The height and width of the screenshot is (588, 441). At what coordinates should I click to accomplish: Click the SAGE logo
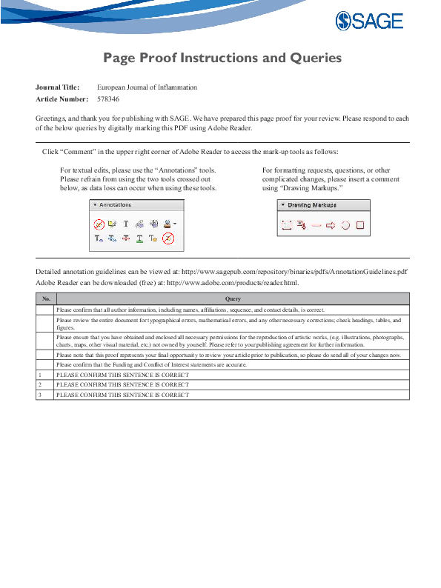pos(369,21)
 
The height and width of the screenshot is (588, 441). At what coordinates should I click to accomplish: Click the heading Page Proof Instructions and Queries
pos(222,58)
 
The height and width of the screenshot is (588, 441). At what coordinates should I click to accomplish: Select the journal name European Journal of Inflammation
pos(147,87)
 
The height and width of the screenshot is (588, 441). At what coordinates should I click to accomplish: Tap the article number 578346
pos(108,98)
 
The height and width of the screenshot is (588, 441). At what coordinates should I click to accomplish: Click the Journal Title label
pos(57,87)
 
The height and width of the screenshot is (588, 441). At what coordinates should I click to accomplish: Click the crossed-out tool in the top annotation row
pos(99,224)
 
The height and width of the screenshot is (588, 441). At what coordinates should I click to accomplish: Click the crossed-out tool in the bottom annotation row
pos(168,238)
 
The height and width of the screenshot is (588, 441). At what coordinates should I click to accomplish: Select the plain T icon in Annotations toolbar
pos(125,224)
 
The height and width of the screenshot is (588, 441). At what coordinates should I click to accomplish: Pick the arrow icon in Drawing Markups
pos(331,226)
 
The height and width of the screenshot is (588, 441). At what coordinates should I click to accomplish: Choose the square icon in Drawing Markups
pos(359,226)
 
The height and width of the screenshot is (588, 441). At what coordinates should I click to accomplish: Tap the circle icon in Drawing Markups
pos(345,226)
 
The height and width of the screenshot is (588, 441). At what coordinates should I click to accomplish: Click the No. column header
pos(45,298)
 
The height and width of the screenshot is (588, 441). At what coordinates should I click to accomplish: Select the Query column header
pos(231,298)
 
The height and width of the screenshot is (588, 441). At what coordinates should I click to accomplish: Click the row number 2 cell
pos(39,385)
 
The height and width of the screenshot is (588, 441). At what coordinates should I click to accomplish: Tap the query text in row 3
pos(123,395)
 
